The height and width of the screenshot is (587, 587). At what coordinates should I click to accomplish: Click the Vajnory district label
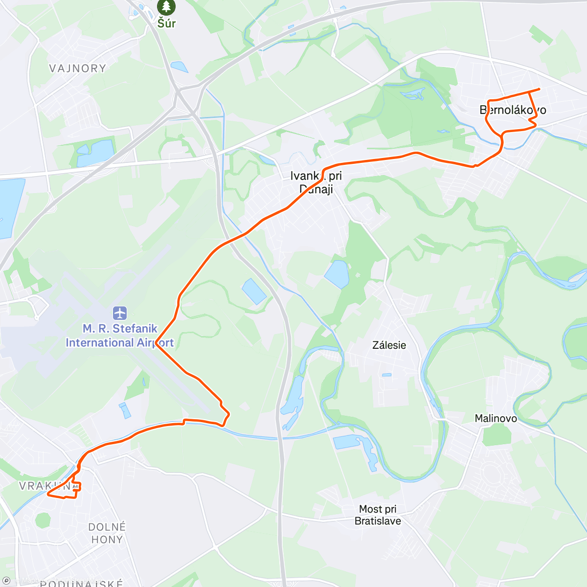[78, 68]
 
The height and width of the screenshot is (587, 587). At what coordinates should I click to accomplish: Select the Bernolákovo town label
[513, 110]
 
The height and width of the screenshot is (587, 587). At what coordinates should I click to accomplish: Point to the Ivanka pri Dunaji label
[316, 182]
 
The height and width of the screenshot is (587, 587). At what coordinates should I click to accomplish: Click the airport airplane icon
[120, 313]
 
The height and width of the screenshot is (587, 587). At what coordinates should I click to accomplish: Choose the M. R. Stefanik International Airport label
[120, 336]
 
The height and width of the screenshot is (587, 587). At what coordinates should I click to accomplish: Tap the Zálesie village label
[389, 345]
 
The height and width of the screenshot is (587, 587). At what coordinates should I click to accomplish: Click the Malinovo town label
[496, 418]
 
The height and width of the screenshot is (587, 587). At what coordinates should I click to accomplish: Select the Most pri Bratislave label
[378, 515]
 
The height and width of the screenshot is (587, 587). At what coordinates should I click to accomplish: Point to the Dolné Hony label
[107, 533]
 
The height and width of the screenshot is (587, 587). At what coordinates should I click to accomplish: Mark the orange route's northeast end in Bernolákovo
[539, 89]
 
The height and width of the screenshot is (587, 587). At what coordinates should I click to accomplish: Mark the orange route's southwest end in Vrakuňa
[47, 495]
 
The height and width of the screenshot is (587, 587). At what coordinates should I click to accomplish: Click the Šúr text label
[166, 23]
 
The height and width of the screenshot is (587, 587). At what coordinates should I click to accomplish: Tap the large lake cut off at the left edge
[10, 208]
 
